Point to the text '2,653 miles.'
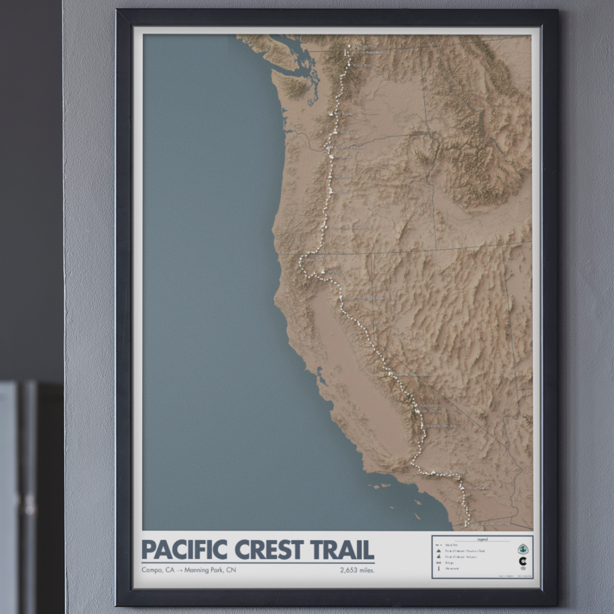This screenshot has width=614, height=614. pos(357,570)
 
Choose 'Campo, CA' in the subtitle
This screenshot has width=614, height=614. pos(157,570)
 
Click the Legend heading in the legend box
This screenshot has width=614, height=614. pos(482,539)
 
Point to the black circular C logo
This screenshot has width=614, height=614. pos(522,562)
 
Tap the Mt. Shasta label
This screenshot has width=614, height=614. pos(335,272)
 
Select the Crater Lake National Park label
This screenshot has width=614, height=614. pos(350,228)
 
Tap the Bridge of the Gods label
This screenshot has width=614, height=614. pos(348,147)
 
